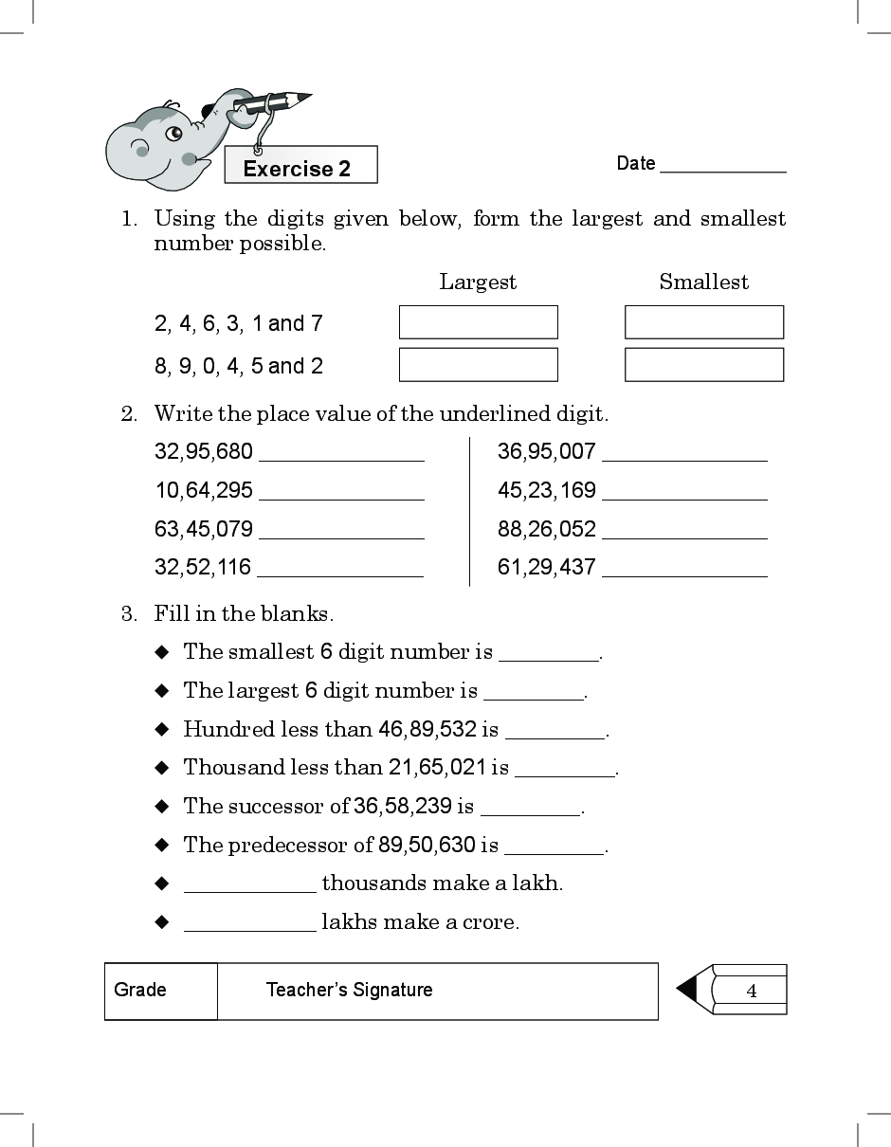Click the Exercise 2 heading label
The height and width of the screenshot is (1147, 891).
(x=297, y=169)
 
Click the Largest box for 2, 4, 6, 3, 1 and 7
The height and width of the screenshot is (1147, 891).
(x=478, y=322)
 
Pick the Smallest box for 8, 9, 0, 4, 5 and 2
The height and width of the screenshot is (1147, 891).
(x=703, y=365)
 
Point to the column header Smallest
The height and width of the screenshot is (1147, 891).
(x=703, y=282)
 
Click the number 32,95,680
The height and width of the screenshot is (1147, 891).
(x=204, y=451)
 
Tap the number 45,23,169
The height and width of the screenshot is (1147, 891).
(x=547, y=490)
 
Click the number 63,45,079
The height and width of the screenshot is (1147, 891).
(x=204, y=529)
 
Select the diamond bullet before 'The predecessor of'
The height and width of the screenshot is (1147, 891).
(x=162, y=845)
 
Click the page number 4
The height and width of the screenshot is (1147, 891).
(x=752, y=992)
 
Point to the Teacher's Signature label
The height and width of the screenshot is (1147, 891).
(x=349, y=990)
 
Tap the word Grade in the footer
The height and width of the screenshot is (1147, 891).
(x=140, y=990)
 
